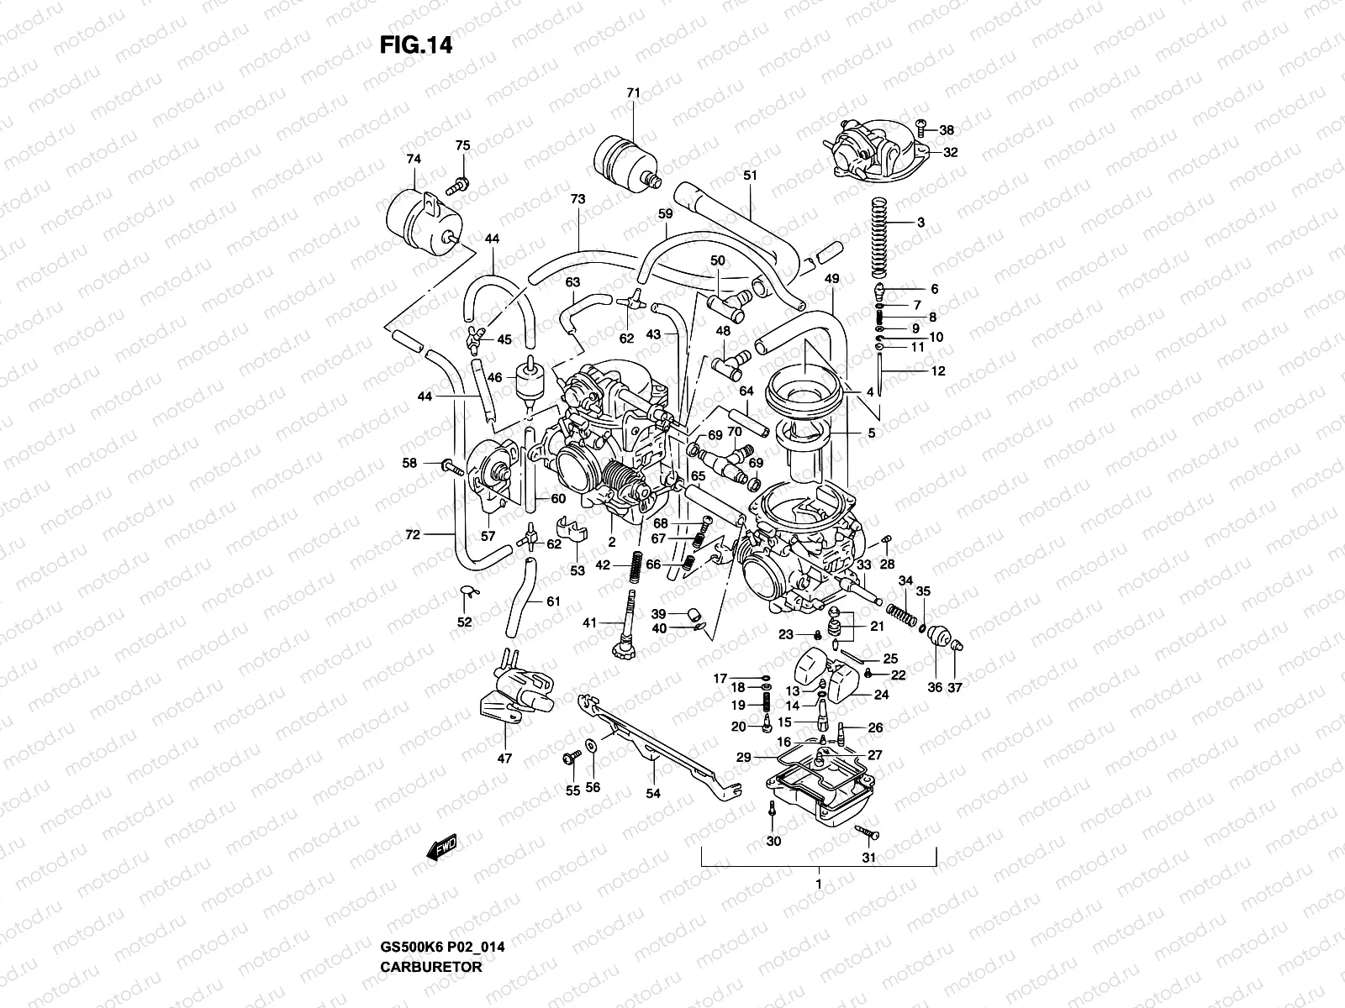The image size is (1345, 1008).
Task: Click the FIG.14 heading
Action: [x=415, y=45]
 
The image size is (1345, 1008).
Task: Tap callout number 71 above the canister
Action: [x=633, y=92]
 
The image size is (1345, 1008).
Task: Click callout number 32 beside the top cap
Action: [x=950, y=153]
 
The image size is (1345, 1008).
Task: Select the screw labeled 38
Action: [x=921, y=129]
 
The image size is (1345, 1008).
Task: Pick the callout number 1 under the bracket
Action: [x=819, y=885]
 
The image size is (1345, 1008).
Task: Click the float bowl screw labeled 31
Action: [x=866, y=832]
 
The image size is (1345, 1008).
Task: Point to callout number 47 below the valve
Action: [x=504, y=759]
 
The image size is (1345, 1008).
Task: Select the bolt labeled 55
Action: [x=569, y=759]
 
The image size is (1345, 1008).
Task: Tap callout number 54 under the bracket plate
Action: [x=653, y=793]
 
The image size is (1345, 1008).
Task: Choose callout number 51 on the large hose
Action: [x=750, y=175]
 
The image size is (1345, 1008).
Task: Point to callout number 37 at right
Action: [x=955, y=687]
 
